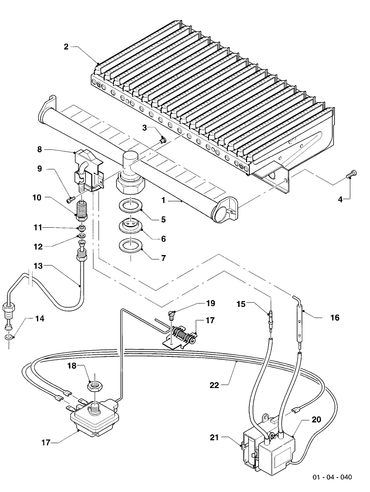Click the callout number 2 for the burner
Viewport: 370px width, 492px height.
[x=66, y=47]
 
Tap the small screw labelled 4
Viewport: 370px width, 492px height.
[x=351, y=174]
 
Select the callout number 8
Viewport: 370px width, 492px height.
[x=40, y=149]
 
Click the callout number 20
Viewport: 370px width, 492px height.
[x=316, y=419]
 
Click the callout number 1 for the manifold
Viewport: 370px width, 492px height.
[x=163, y=200]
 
